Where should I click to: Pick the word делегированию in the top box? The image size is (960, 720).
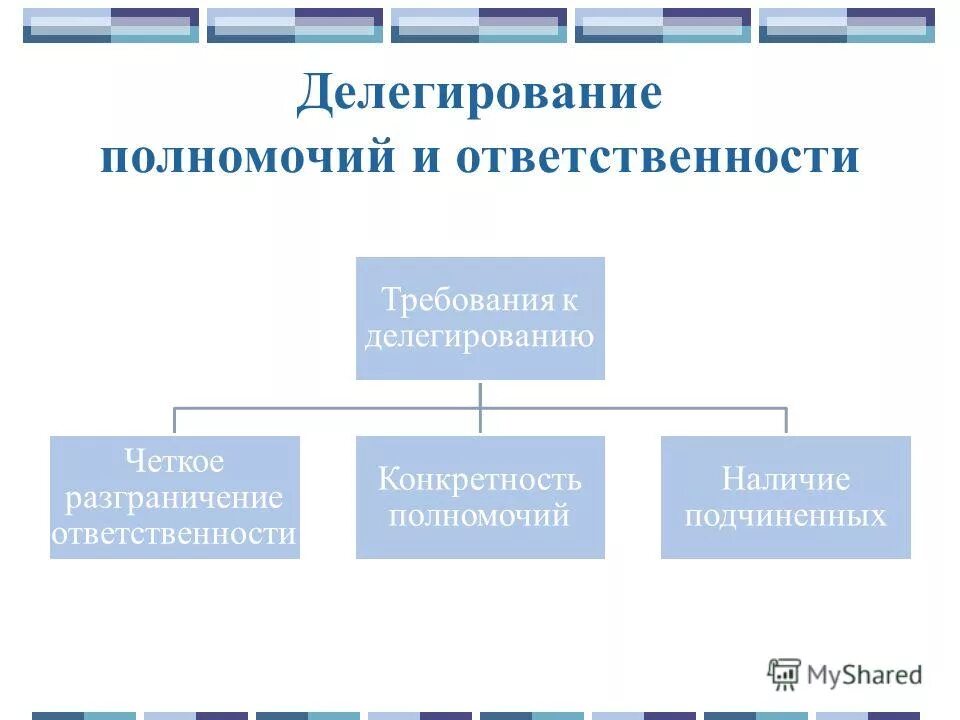tap(480, 335)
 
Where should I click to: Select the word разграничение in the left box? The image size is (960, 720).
tap(174, 497)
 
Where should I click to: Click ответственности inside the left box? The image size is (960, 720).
tap(174, 533)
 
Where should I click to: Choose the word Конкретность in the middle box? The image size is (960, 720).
tap(480, 480)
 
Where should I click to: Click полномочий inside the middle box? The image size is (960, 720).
tap(480, 516)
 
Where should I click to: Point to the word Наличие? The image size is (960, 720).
tap(785, 480)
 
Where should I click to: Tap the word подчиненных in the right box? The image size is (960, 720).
tap(785, 516)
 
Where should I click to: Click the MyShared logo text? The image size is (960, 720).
tap(865, 675)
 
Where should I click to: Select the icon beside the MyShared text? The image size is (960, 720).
tap(785, 674)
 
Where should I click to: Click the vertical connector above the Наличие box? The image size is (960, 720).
tap(786, 421)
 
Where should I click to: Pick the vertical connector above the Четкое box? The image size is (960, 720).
tap(175, 421)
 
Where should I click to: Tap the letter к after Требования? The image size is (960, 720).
tap(569, 301)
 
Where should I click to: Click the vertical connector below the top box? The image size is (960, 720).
tap(480, 394)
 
